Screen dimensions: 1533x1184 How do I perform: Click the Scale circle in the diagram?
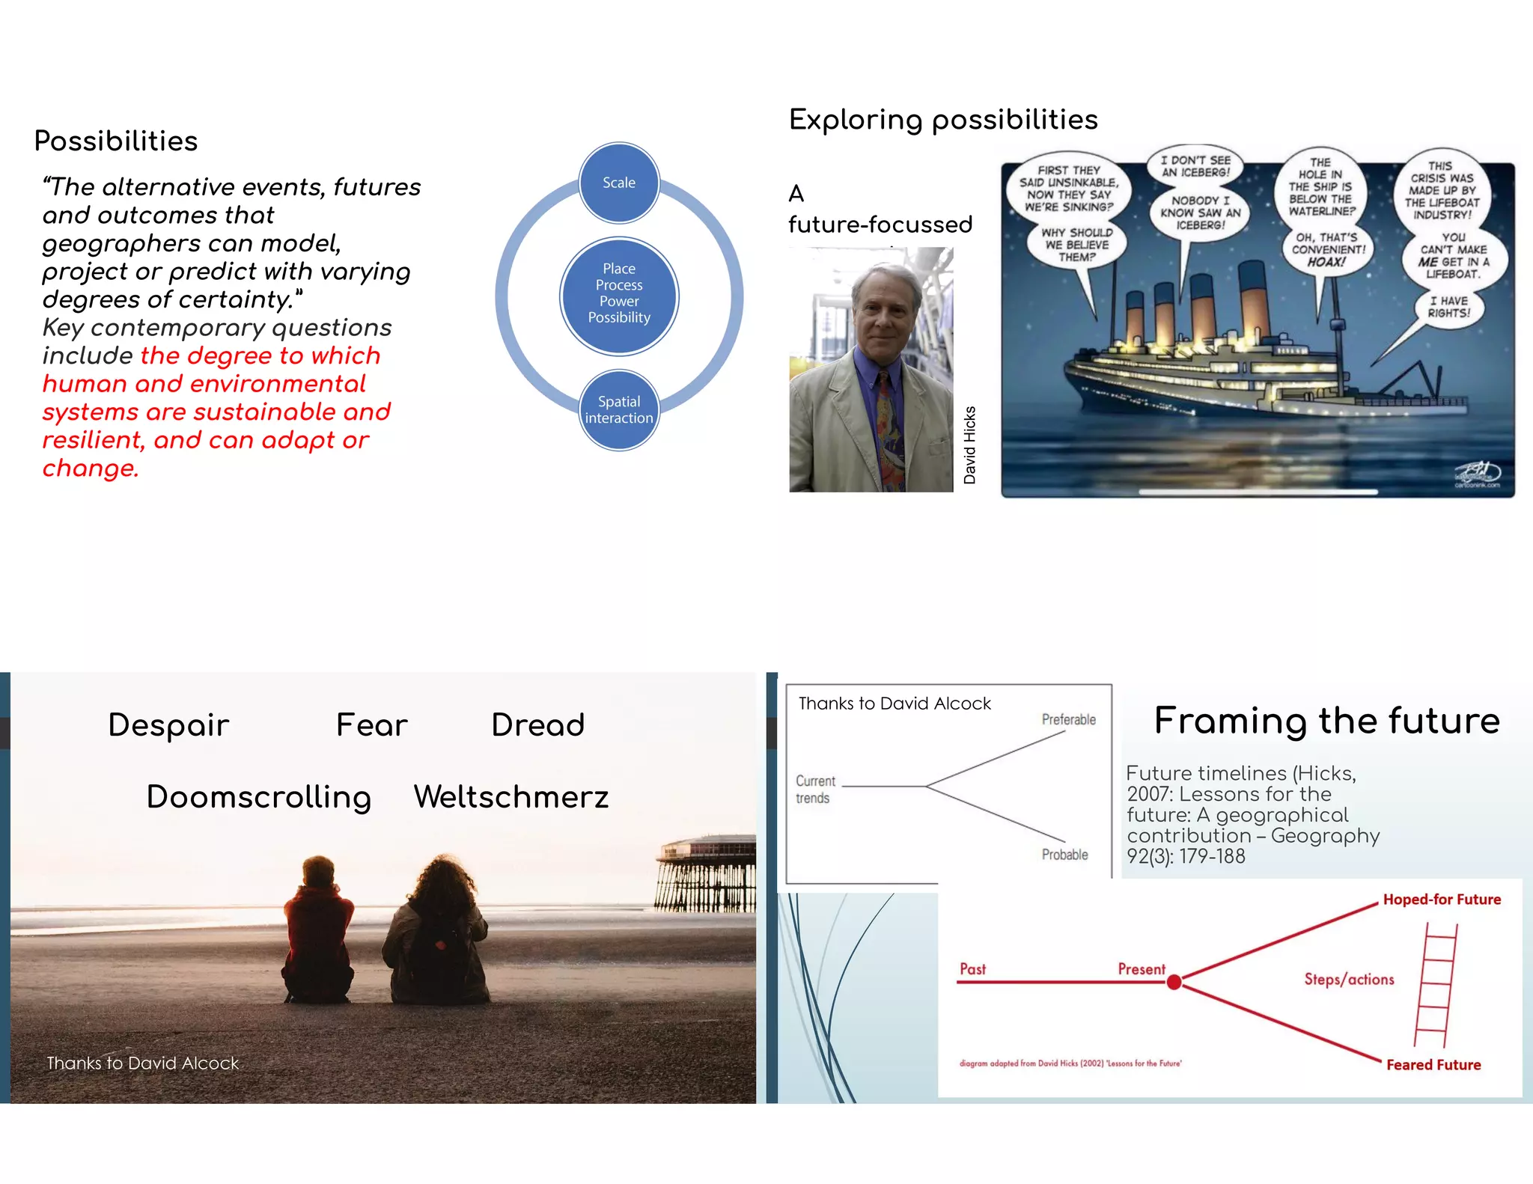pyautogui.click(x=619, y=183)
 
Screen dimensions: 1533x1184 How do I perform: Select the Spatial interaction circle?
pyautogui.click(x=619, y=409)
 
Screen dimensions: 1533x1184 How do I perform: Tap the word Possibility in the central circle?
pyautogui.click(x=619, y=317)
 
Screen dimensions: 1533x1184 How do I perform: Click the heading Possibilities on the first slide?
pyautogui.click(x=116, y=141)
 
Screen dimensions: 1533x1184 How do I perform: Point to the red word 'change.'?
pyautogui.click(x=91, y=469)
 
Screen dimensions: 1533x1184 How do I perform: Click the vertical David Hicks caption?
pyautogui.click(x=969, y=445)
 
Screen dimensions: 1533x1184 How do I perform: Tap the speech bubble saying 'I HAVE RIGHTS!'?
pyautogui.click(x=1448, y=307)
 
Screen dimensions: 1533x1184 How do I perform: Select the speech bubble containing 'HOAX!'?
pyautogui.click(x=1328, y=250)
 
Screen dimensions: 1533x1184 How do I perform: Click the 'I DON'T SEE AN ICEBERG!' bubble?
pyautogui.click(x=1195, y=166)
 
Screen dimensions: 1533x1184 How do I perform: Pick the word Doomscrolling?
pyautogui.click(x=259, y=797)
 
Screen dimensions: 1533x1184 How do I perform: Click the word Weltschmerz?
pyautogui.click(x=511, y=797)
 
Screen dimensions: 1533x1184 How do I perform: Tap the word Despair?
pyautogui.click(x=168, y=725)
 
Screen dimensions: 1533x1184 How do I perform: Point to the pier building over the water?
pyautogui.click(x=708, y=871)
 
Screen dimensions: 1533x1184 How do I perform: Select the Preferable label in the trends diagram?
pyautogui.click(x=1068, y=719)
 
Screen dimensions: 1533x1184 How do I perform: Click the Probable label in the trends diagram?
pyautogui.click(x=1064, y=855)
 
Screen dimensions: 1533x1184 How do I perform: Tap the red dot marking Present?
pyautogui.click(x=1174, y=982)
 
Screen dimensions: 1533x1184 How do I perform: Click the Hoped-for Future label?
pyautogui.click(x=1442, y=900)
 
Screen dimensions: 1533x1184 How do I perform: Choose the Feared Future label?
pyautogui.click(x=1433, y=1065)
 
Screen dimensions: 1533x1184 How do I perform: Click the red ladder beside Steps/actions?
pyautogui.click(x=1436, y=984)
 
